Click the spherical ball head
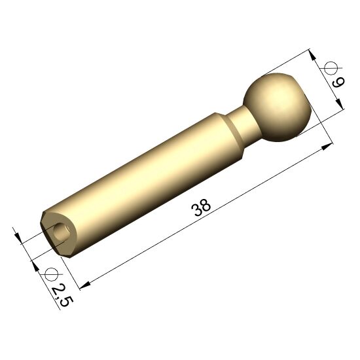[x=278, y=107]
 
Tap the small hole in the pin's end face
[x=62, y=231]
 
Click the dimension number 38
[x=201, y=207]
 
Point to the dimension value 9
[x=338, y=82]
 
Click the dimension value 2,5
[x=62, y=296]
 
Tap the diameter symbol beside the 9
[x=331, y=68]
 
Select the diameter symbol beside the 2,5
[x=51, y=274]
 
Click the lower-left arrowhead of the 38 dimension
[x=84, y=285]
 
